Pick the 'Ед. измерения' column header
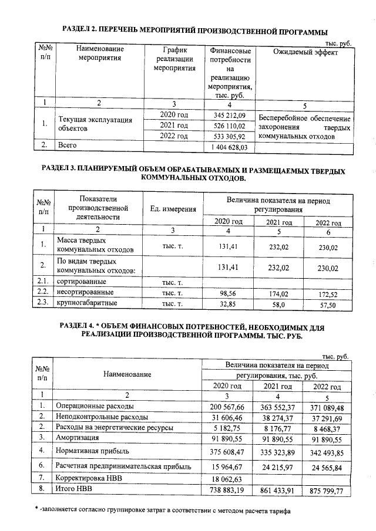point(173,210)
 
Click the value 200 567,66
point(226,407)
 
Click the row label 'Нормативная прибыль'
point(93,451)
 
